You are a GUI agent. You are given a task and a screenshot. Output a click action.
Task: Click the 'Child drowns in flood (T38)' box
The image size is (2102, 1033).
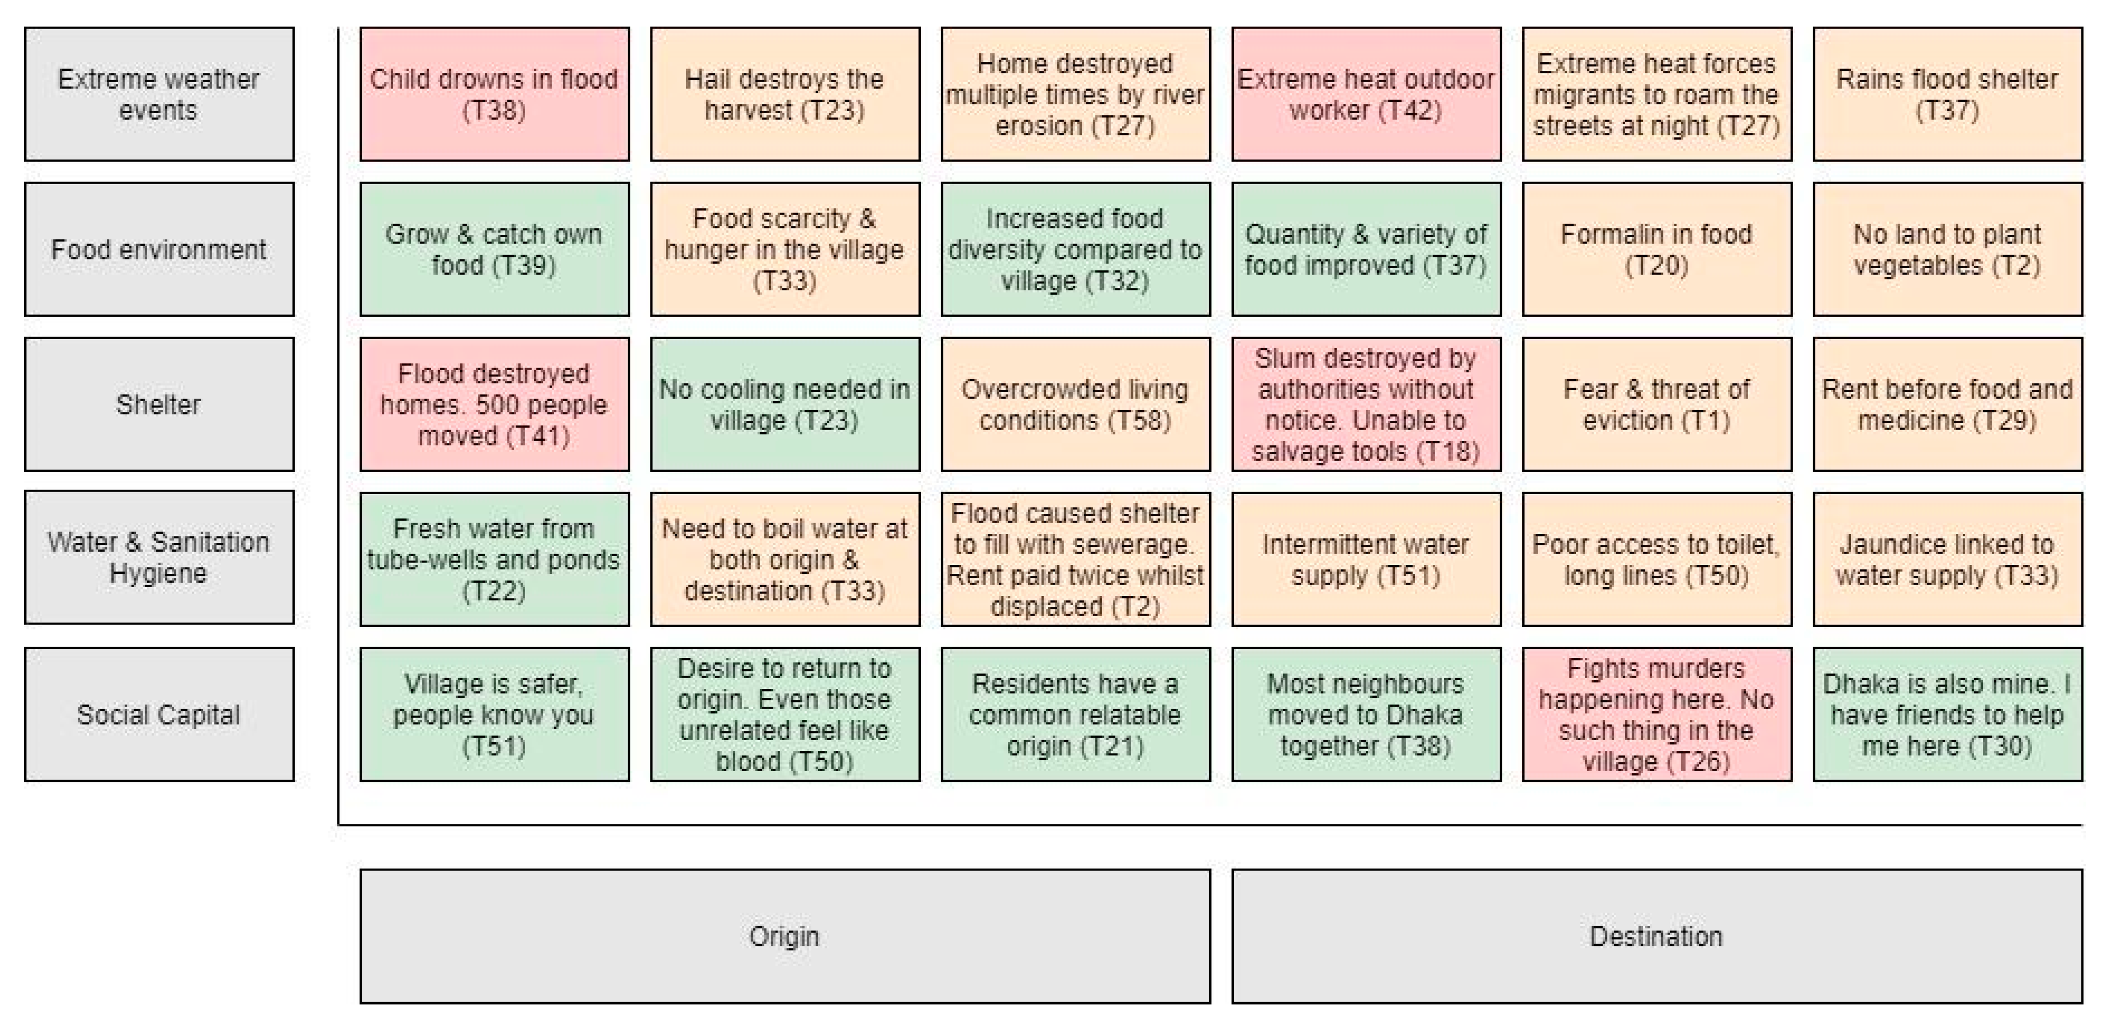(x=494, y=94)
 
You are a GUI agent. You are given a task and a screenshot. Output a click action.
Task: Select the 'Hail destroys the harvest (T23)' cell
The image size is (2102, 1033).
(x=784, y=94)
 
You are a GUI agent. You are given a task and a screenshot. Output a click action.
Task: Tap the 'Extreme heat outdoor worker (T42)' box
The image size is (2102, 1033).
(x=1366, y=94)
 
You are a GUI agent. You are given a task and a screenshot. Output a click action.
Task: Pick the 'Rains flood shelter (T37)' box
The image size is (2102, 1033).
(x=1947, y=94)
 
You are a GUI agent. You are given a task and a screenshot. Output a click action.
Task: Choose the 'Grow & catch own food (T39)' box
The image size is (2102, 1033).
(x=494, y=249)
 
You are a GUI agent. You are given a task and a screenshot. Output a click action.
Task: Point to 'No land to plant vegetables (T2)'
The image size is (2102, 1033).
(x=1947, y=249)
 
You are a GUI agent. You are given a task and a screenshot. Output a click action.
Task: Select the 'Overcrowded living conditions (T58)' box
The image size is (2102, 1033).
(x=1075, y=404)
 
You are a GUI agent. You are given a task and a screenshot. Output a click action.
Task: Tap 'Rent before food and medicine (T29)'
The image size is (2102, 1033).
(x=1947, y=404)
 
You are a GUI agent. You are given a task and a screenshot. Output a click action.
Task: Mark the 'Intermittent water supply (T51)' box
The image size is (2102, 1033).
(x=1366, y=559)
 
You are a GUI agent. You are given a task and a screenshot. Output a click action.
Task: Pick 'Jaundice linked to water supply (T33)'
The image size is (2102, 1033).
(x=1947, y=559)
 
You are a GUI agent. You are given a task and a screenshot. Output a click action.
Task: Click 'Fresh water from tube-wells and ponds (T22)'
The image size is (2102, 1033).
(x=494, y=559)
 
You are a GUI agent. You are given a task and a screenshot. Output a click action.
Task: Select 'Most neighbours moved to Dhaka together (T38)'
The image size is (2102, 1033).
(x=1366, y=714)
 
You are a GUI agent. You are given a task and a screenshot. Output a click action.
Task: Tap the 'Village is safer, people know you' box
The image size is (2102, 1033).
(x=494, y=714)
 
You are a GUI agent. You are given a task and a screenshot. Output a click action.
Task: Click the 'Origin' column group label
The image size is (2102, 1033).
(x=784, y=936)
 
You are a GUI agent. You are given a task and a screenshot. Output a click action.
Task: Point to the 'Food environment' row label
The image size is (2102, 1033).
(x=159, y=249)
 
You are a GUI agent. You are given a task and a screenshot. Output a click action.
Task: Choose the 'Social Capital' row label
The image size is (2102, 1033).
(x=159, y=714)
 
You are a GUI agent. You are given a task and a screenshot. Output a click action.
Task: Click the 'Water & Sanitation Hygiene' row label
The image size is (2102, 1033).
(x=159, y=557)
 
